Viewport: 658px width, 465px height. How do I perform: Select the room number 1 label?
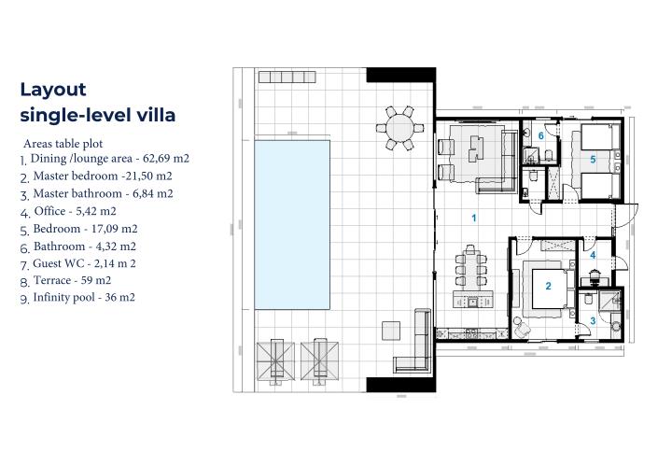(x=474, y=218)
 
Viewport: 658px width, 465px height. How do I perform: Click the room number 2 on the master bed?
(x=549, y=287)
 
